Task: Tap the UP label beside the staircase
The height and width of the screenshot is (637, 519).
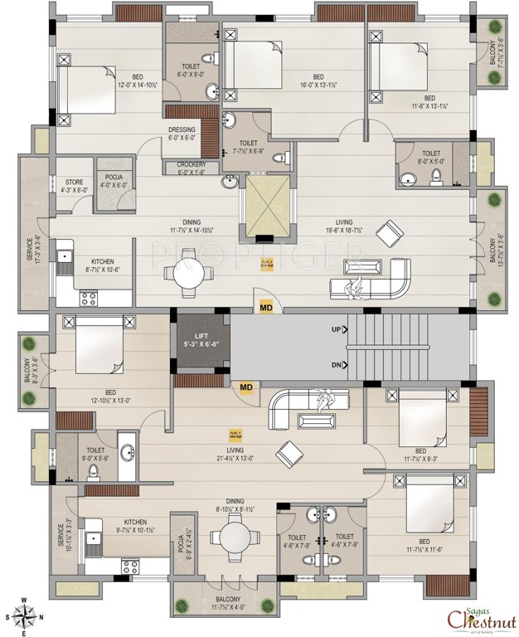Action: pyautogui.click(x=336, y=329)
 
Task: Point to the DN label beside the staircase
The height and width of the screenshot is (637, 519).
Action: pyautogui.click(x=336, y=365)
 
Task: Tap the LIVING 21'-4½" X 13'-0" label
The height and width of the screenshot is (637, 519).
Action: pyautogui.click(x=237, y=452)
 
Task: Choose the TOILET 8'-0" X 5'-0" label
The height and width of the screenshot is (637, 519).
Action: pyautogui.click(x=431, y=158)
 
